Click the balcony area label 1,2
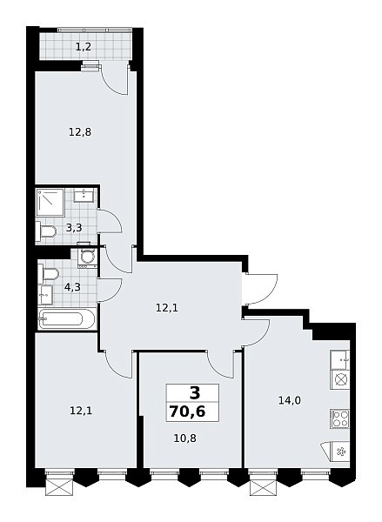click(x=84, y=47)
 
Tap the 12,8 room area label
click(x=80, y=132)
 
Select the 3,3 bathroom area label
click(x=74, y=228)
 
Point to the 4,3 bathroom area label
click(x=72, y=287)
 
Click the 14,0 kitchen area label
click(x=290, y=400)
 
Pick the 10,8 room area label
click(x=184, y=438)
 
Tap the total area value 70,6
click(x=187, y=412)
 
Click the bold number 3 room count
click(x=195, y=393)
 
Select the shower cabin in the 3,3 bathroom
click(x=50, y=202)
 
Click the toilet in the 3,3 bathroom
click(x=45, y=231)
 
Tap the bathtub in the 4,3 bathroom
click(x=67, y=319)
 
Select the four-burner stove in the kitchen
click(x=339, y=418)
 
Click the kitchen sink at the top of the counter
click(x=339, y=359)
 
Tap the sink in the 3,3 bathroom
click(x=84, y=195)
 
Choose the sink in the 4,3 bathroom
click(x=45, y=295)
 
